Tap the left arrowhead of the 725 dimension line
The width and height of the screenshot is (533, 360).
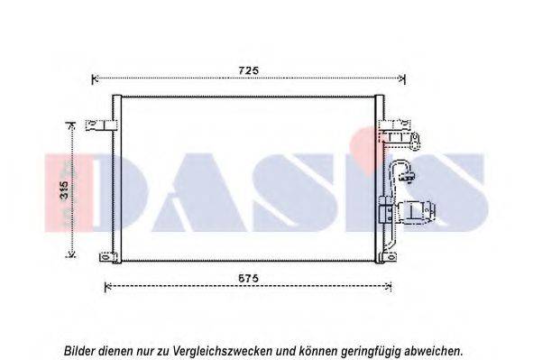pyautogui.click(x=96, y=79)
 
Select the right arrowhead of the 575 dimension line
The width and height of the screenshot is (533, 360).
pyautogui.click(x=391, y=288)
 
